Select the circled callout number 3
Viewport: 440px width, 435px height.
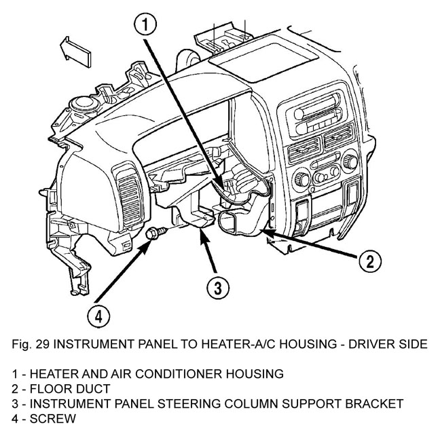point(215,288)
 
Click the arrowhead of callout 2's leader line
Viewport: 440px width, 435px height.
point(265,232)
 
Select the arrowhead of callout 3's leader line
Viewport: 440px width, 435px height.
point(202,233)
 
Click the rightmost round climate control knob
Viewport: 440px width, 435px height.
point(350,162)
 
